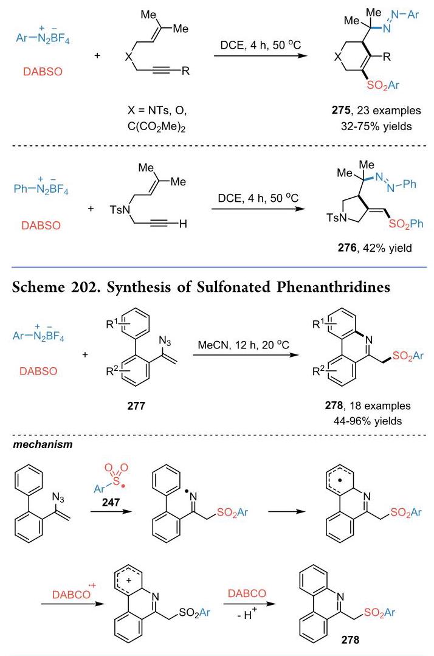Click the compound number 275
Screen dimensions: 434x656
coord(341,111)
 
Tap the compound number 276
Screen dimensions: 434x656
coord(346,247)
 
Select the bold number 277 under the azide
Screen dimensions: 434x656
coord(136,405)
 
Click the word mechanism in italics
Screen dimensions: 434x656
coord(43,444)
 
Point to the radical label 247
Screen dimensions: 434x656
coord(111,502)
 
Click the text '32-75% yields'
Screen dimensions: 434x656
coord(376,126)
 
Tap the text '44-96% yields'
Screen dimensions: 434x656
coord(368,421)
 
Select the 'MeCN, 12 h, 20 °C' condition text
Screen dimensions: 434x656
coord(243,345)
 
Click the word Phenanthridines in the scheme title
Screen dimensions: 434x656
coord(333,287)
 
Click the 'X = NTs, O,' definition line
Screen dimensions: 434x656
coord(157,111)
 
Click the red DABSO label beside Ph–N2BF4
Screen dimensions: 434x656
coord(41,226)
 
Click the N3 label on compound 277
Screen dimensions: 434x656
coord(165,342)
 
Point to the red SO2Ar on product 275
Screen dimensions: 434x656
coord(383,85)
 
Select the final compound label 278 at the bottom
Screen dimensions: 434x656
coord(350,639)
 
